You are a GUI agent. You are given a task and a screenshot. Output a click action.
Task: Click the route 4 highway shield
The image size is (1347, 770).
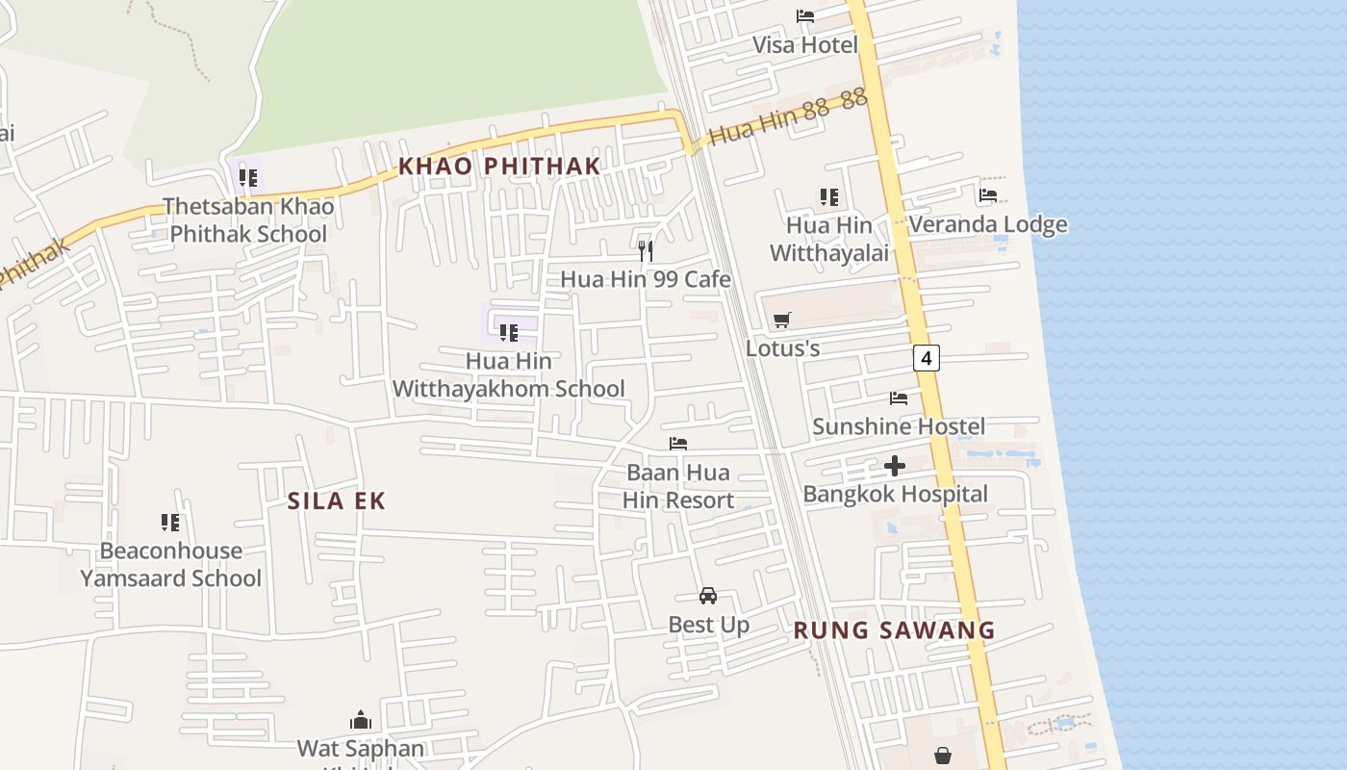coord(926,358)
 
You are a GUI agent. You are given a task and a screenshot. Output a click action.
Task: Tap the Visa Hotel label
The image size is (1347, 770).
coord(804,45)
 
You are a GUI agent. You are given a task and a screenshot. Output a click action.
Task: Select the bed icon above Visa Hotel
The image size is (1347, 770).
coord(805,15)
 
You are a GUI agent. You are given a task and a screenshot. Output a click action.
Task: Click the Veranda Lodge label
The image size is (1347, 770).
coord(988,224)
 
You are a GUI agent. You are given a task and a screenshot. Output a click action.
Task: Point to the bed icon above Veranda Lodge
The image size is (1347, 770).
coord(988,195)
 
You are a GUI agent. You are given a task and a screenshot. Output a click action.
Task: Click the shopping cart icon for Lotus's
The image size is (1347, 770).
coord(782,320)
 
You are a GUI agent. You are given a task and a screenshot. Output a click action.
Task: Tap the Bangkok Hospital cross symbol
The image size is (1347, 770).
coord(895,467)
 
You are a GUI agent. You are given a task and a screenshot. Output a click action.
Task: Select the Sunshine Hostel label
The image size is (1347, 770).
coord(899,426)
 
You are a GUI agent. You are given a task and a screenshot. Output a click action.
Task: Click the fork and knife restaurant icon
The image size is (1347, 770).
coord(646,251)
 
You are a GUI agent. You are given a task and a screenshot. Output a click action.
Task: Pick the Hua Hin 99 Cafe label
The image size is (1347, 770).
coord(646,279)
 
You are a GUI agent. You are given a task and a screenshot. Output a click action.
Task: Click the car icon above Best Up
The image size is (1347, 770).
coord(708,596)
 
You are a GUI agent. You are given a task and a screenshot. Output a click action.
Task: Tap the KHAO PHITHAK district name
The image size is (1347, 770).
coord(499,166)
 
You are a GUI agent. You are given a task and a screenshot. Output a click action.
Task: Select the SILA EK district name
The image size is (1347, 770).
coord(337,500)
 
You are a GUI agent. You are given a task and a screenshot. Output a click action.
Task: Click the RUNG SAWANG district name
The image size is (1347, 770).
coord(894,630)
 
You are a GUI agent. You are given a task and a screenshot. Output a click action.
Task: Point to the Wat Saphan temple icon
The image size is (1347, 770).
coord(361,720)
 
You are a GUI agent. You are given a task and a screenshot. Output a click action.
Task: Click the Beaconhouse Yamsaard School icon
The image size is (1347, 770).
coord(170,523)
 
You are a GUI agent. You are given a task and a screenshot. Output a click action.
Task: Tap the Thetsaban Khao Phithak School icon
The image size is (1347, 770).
coord(248,178)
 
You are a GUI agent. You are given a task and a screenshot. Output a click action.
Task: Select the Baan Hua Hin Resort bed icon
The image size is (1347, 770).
coord(678,444)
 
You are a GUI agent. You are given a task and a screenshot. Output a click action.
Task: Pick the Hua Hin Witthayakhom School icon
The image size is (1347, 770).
coord(509,333)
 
